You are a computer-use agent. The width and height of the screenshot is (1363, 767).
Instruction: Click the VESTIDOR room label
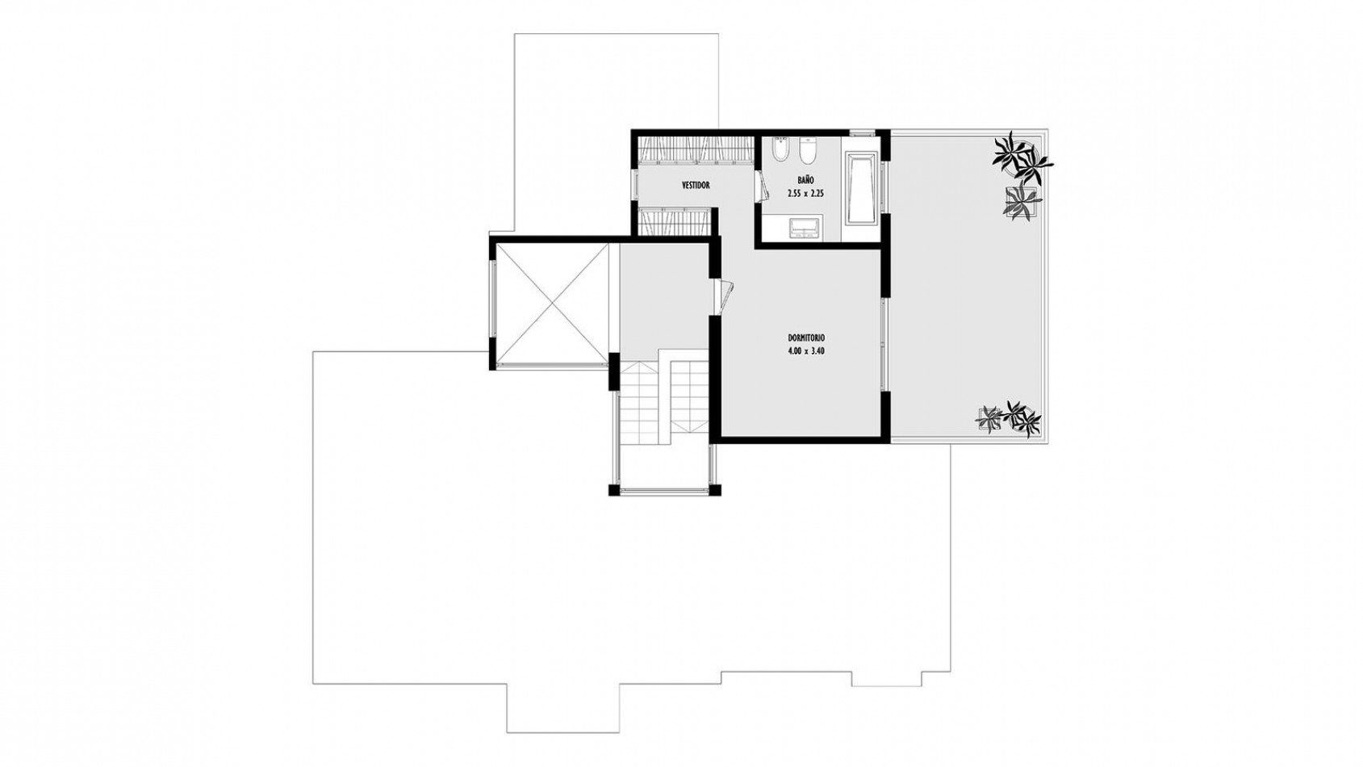coord(696,186)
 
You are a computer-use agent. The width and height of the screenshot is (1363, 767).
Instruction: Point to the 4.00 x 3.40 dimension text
coord(805,351)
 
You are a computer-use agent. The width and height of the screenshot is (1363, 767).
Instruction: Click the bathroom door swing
coord(762,184)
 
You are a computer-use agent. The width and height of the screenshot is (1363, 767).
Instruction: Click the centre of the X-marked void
coord(553,303)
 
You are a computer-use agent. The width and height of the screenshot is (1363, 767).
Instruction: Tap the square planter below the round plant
coord(1020,202)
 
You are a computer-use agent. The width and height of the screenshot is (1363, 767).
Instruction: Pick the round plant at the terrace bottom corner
coord(1023,417)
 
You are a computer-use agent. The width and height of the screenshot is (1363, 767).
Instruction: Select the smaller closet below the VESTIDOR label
coord(674,221)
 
